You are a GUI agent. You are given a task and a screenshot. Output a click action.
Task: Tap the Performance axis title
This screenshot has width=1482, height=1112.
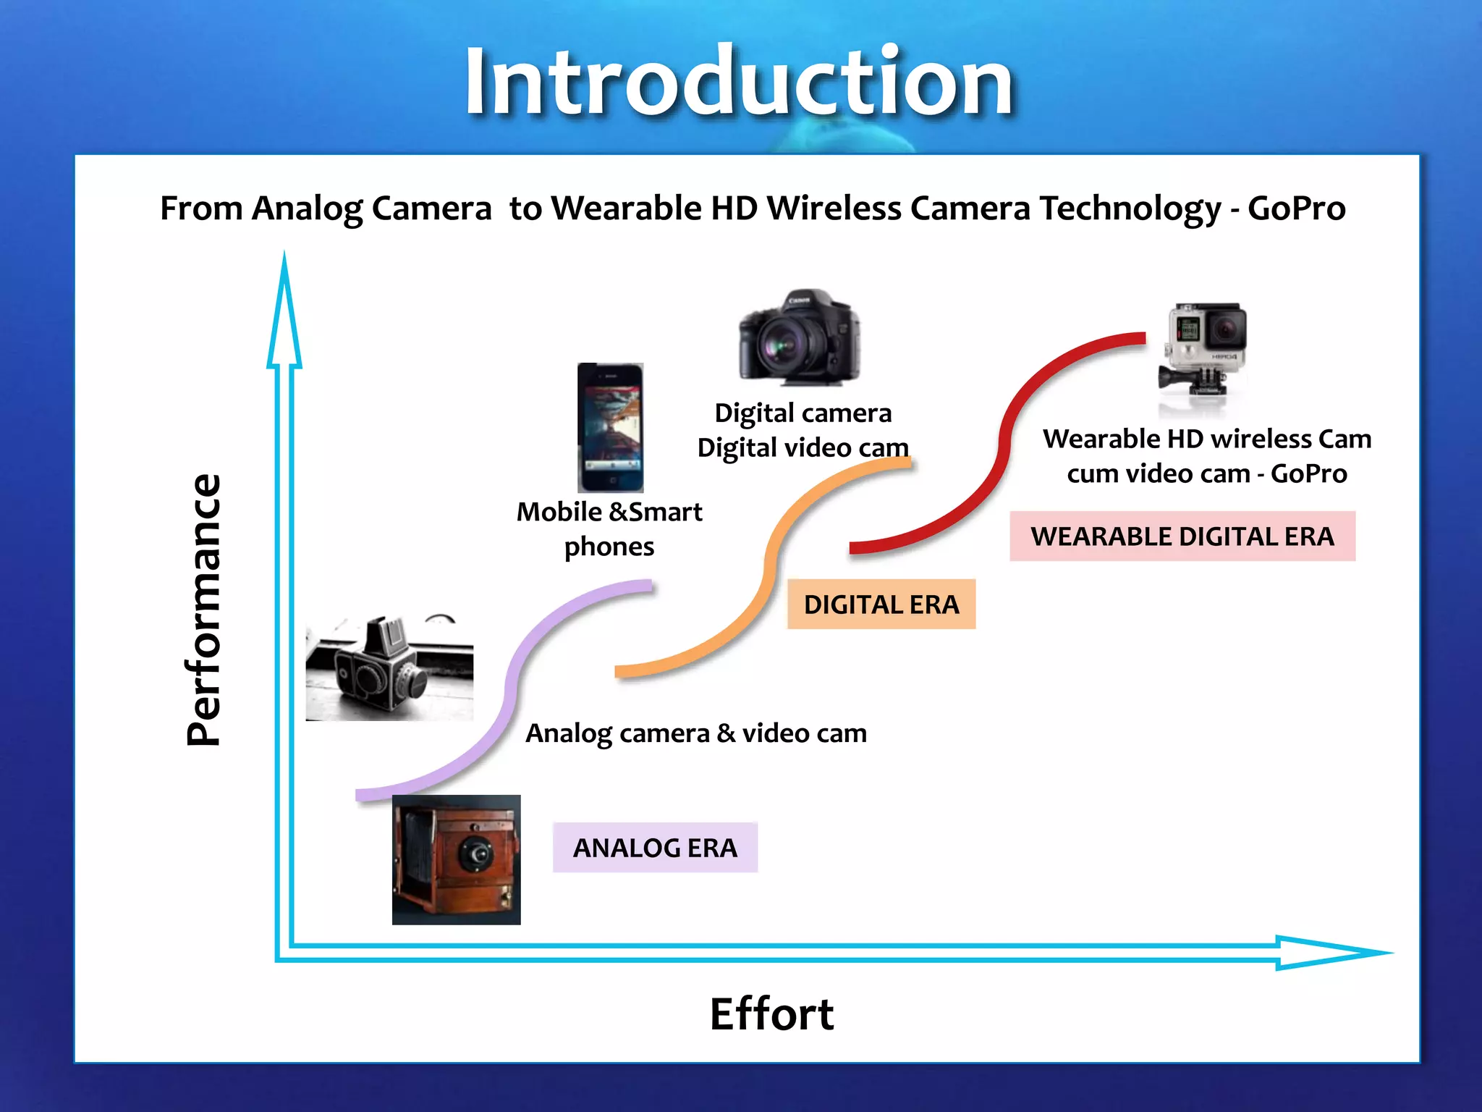203,610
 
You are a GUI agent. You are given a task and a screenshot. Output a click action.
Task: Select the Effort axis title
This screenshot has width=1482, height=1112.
771,1014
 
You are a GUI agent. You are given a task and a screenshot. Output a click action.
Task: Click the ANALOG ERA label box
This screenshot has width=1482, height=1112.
655,848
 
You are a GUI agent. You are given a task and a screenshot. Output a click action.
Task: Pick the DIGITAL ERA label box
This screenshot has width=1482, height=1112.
881,604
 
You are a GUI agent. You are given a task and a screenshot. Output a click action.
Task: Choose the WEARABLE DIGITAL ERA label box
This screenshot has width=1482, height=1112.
1182,536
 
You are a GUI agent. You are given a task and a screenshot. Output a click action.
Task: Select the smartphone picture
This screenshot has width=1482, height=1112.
610,427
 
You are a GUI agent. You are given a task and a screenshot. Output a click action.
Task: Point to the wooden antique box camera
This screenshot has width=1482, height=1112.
456,859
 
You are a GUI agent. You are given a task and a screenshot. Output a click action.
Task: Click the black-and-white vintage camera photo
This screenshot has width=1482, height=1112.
389,667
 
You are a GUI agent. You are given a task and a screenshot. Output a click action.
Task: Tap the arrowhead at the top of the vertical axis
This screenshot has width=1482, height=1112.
284,311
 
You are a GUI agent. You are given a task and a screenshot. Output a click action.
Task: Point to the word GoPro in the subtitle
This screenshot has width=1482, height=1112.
1296,208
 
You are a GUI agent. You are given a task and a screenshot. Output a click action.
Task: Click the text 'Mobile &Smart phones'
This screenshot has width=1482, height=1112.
609,529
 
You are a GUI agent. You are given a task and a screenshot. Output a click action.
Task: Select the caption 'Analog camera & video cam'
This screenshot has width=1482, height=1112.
696,733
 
